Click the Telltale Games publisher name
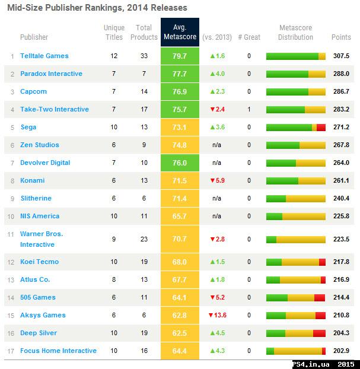tap(44, 56)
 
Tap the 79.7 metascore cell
tap(180, 56)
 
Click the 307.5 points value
tap(341, 56)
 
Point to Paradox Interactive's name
tap(51, 74)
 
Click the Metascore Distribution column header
tap(295, 33)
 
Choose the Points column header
tap(341, 37)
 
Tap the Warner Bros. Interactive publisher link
tap(42, 239)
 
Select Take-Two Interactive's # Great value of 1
tap(249, 110)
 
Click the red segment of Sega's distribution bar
tap(321, 128)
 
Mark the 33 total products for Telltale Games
tap(144, 56)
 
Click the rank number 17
tap(12, 351)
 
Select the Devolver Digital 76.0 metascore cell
tap(180, 163)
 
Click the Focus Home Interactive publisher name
tap(58, 351)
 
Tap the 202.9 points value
tap(341, 351)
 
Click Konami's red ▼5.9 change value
tap(217, 181)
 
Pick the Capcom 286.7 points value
tap(341, 92)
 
